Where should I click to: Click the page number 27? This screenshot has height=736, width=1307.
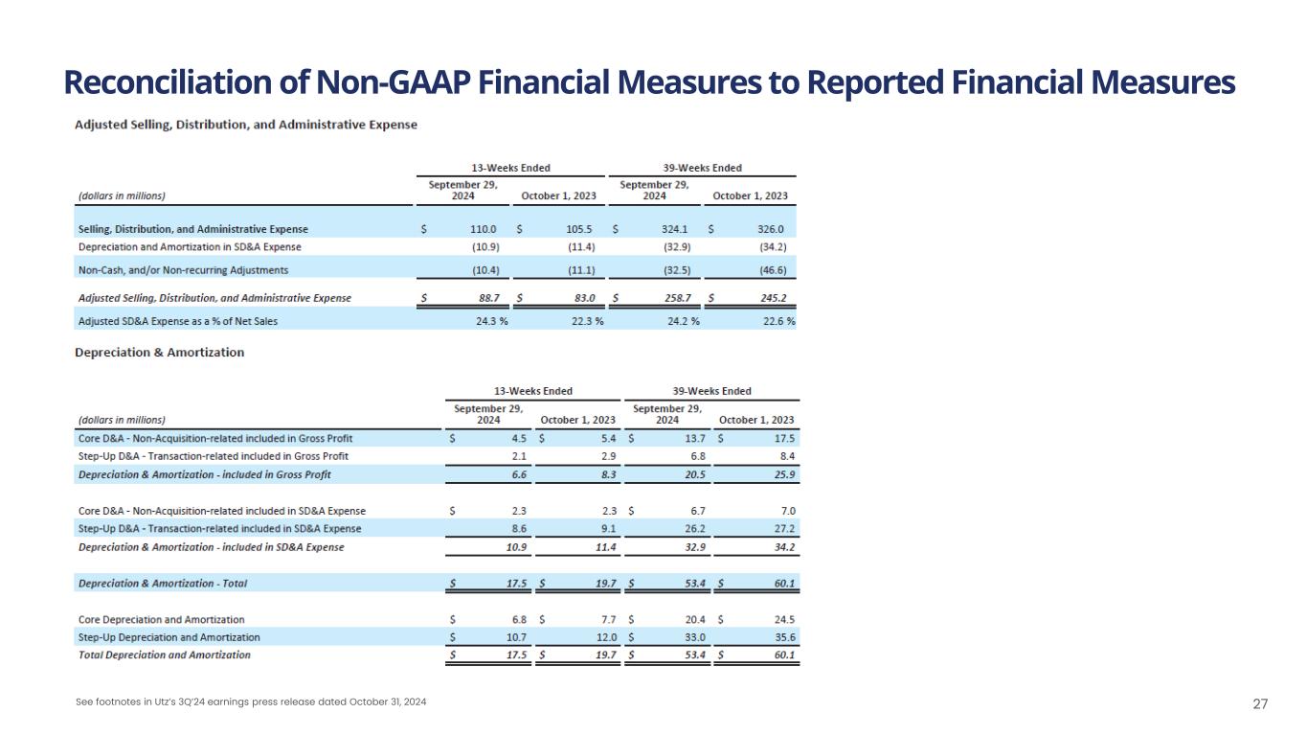[x=1260, y=704]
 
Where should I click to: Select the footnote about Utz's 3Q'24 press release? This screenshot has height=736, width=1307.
[x=251, y=702]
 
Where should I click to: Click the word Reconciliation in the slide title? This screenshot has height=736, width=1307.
[x=159, y=83]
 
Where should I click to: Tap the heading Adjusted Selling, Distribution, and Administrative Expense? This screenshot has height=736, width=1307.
[x=246, y=125]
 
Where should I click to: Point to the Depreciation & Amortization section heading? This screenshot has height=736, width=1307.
[x=159, y=353]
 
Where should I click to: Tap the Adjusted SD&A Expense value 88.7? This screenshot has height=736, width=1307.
[x=485, y=298]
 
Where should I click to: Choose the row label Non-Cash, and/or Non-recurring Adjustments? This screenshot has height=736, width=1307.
[x=183, y=270]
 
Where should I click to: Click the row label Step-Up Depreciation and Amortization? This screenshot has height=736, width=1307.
[x=169, y=637]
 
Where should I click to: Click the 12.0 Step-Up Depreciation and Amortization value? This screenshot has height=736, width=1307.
[x=604, y=637]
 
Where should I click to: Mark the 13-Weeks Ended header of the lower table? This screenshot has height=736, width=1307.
[x=532, y=391]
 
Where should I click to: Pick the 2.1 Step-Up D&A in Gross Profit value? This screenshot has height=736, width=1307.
[x=518, y=456]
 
